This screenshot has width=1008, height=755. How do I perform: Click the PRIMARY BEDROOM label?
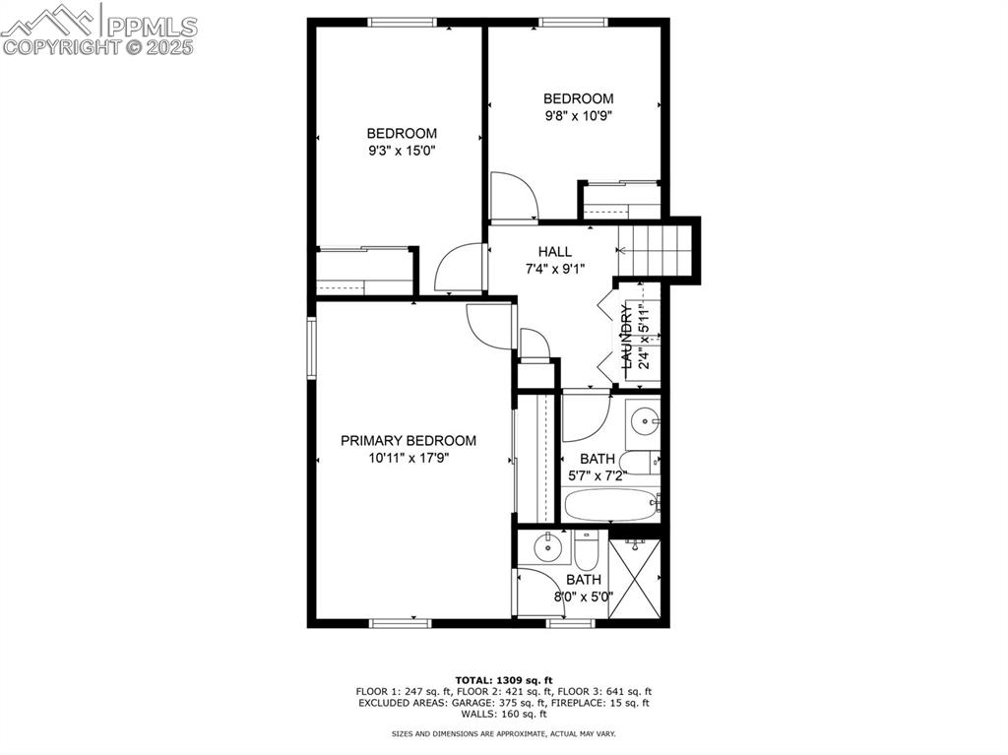tap(409, 441)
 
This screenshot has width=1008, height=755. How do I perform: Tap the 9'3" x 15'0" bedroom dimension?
tap(401, 151)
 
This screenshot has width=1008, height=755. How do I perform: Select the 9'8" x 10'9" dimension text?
tap(579, 115)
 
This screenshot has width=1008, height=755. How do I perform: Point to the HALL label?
tap(554, 252)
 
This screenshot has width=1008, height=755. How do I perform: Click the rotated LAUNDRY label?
tap(626, 337)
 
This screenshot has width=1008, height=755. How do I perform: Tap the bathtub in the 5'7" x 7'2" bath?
tap(611, 505)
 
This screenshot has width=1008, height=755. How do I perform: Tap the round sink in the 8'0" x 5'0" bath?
tap(546, 547)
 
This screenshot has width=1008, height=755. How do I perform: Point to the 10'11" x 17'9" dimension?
tap(409, 458)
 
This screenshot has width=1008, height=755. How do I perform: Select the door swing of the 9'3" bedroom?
tap(458, 268)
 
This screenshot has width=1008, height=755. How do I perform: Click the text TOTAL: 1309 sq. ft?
tap(504, 680)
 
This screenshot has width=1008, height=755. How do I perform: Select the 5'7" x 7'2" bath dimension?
tap(598, 475)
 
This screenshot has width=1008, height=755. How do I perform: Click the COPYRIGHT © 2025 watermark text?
tap(98, 46)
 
